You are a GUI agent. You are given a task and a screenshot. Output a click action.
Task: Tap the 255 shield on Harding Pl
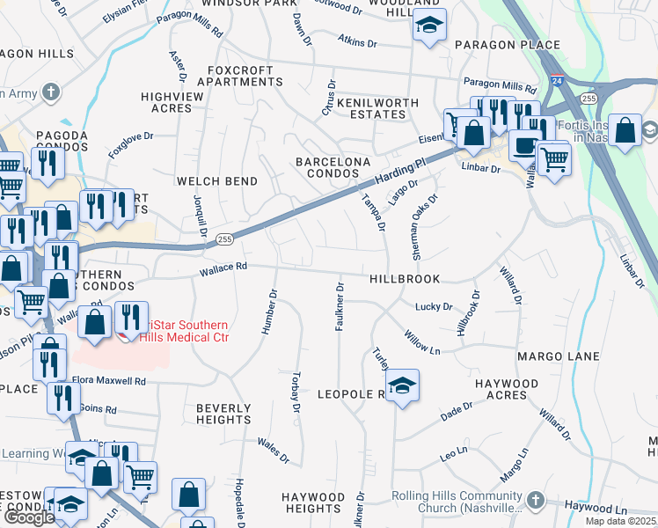click(x=224, y=238)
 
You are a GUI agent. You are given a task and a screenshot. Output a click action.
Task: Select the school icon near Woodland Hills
click(x=429, y=27)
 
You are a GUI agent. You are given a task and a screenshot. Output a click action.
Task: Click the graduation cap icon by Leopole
click(x=402, y=385)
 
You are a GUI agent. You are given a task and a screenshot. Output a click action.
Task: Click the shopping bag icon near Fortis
click(x=625, y=131)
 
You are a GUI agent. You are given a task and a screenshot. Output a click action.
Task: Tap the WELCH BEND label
click(x=217, y=181)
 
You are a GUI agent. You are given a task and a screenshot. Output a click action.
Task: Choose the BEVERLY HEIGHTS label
click(x=223, y=414)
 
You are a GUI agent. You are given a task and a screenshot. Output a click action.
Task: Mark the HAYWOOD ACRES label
click(x=513, y=390)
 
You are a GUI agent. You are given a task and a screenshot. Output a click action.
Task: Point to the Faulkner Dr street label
click(x=340, y=306)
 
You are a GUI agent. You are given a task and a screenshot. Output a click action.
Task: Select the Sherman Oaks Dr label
click(x=416, y=226)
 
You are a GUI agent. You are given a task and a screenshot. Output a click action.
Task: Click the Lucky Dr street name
click(x=434, y=307)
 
